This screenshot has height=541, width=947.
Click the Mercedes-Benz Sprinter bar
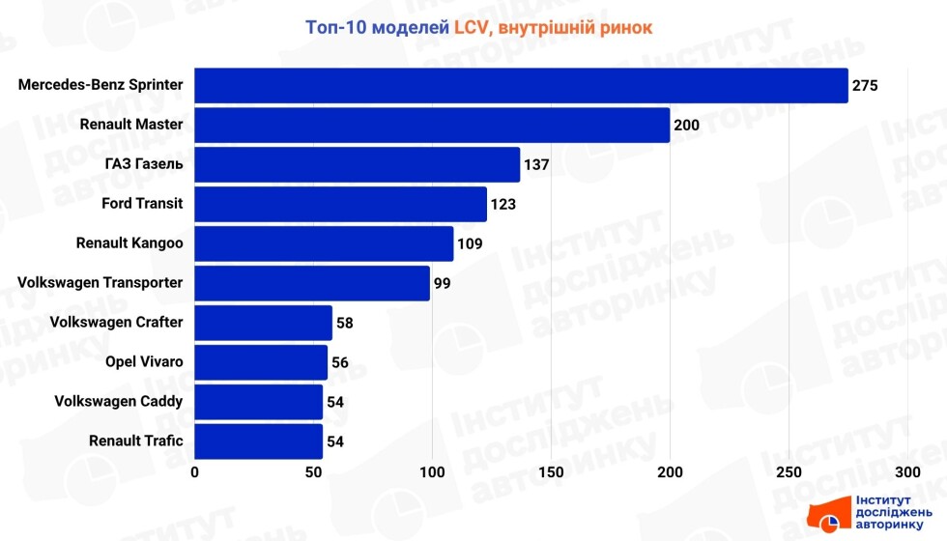pos(521,85)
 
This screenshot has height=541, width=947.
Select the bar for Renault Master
pos(432,125)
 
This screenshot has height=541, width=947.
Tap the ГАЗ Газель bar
pos(358,164)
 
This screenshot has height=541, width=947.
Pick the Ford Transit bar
pos(340,204)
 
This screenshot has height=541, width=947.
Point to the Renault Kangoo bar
pos(324,243)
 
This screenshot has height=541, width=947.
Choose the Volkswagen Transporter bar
pos(312,283)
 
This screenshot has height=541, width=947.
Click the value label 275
pos(865,86)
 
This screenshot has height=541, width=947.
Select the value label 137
pos(536,165)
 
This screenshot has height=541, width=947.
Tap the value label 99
pos(443,284)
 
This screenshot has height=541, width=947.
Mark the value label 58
pos(345,324)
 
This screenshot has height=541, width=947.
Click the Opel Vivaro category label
pos(144,361)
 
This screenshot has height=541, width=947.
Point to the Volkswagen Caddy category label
pos(119,401)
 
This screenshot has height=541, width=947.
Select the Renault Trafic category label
pos(136,441)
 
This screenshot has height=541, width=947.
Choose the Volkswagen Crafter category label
pos(116,322)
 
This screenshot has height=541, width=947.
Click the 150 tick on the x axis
pos(551,472)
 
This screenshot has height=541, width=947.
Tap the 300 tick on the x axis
pos(907,472)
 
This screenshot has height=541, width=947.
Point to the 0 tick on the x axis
pos(195,472)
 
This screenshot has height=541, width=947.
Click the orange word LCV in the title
pos(473,27)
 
